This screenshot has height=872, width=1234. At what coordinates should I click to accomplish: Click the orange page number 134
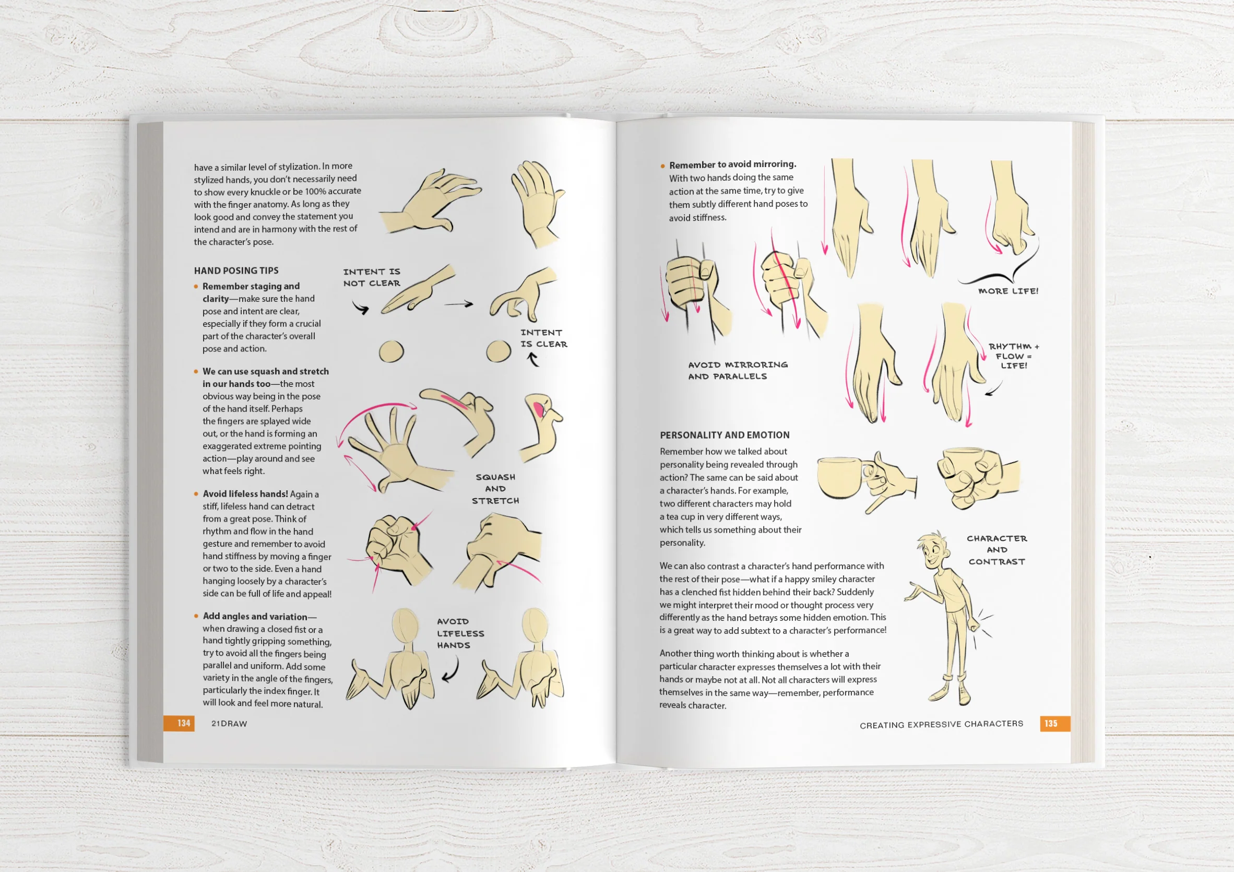[x=184, y=723]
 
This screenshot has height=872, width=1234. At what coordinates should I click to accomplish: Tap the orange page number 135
[x=1051, y=724]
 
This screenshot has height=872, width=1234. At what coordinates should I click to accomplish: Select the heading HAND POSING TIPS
[x=236, y=270]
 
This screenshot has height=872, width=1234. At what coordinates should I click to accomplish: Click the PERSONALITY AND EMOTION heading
[x=725, y=435]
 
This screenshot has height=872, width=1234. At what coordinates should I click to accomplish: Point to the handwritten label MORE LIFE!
[x=1008, y=291]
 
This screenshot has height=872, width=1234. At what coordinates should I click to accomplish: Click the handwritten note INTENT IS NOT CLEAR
[x=371, y=277]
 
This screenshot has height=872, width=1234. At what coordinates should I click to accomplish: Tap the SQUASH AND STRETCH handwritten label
[x=495, y=489]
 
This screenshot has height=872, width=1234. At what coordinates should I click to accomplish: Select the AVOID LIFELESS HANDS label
[x=460, y=633]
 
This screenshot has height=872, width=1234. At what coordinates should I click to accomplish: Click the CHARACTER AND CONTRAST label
[x=996, y=549]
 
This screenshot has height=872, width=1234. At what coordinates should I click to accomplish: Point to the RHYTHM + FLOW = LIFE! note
[x=1013, y=356]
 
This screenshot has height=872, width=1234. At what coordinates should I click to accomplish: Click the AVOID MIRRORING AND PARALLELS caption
[x=738, y=370]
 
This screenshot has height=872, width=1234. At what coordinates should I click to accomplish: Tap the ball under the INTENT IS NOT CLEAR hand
[x=391, y=351]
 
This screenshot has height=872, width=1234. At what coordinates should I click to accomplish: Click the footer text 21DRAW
[x=229, y=724]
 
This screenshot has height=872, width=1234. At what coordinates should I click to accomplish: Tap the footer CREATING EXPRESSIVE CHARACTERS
[x=941, y=724]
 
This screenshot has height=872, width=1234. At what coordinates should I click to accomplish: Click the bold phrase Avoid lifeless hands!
[x=245, y=493]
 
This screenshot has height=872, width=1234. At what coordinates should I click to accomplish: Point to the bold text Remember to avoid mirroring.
[x=732, y=164]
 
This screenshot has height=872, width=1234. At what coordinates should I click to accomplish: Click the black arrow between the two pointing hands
[x=458, y=304]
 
